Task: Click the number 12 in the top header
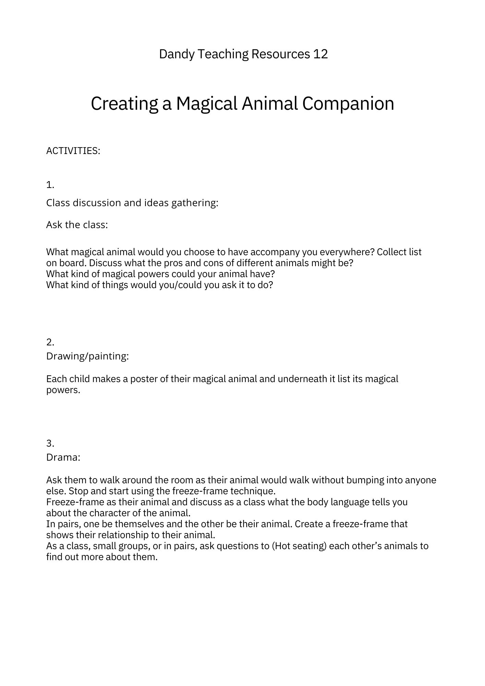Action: tap(320, 54)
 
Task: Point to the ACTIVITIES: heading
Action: tap(73, 151)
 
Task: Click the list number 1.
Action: tap(50, 185)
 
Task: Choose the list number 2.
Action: tap(50, 342)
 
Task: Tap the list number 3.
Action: tap(50, 443)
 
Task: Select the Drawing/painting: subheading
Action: tap(87, 356)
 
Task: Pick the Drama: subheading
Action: tap(63, 457)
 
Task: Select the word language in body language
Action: tap(350, 502)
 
